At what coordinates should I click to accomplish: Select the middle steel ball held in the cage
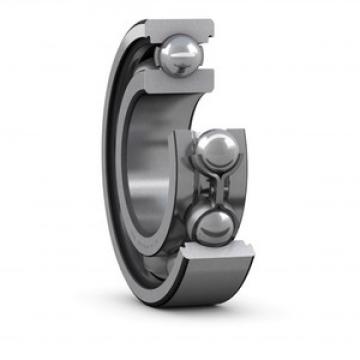click(215, 152)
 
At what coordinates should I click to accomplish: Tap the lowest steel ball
click(213, 224)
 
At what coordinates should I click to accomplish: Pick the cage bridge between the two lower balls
click(215, 188)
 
